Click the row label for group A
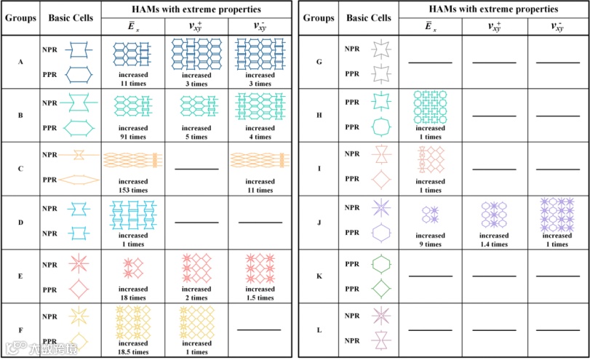20,63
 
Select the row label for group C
20,169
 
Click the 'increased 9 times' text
431,240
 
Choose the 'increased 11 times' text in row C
260,186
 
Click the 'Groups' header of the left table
20,17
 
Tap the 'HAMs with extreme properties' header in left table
196,9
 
